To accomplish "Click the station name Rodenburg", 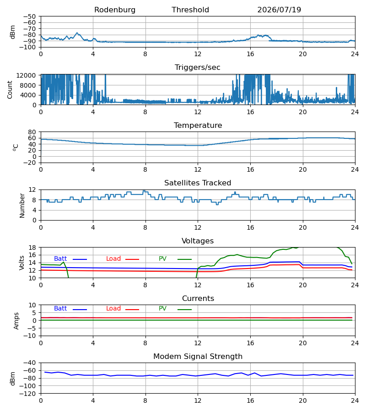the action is (x=115, y=10).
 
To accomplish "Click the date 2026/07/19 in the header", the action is (x=279, y=10).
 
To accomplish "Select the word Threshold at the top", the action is (x=190, y=10).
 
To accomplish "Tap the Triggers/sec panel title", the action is (x=198, y=68).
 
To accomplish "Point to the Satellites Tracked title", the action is (x=198, y=183).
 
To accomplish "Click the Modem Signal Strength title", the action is (x=198, y=357).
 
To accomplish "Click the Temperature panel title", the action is (x=198, y=125).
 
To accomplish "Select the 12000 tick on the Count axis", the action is (x=26, y=75).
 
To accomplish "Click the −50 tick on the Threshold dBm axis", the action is (x=29, y=16).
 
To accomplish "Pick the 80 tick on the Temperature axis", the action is (x=32, y=132).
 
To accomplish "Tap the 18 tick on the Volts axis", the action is (x=32, y=248).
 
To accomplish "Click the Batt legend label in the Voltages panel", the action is (x=60, y=259).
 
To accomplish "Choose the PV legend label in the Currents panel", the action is (x=162, y=309).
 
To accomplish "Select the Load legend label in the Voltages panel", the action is (x=113, y=259).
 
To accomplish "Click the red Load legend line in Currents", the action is (x=132, y=310).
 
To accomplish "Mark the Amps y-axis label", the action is (x=16, y=321).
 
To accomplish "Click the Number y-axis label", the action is (x=22, y=205).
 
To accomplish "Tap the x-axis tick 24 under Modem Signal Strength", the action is (x=355, y=401).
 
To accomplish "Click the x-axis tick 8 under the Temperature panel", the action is (x=145, y=170).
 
